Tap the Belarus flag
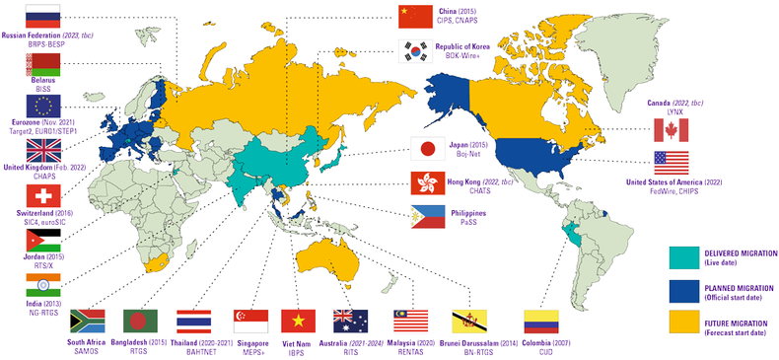point(43,64)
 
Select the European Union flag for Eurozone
point(43,107)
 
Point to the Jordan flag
point(43,241)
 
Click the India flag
point(43,284)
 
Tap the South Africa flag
point(87,321)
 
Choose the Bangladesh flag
point(140,321)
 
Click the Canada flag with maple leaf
point(672,130)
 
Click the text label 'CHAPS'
point(42,180)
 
